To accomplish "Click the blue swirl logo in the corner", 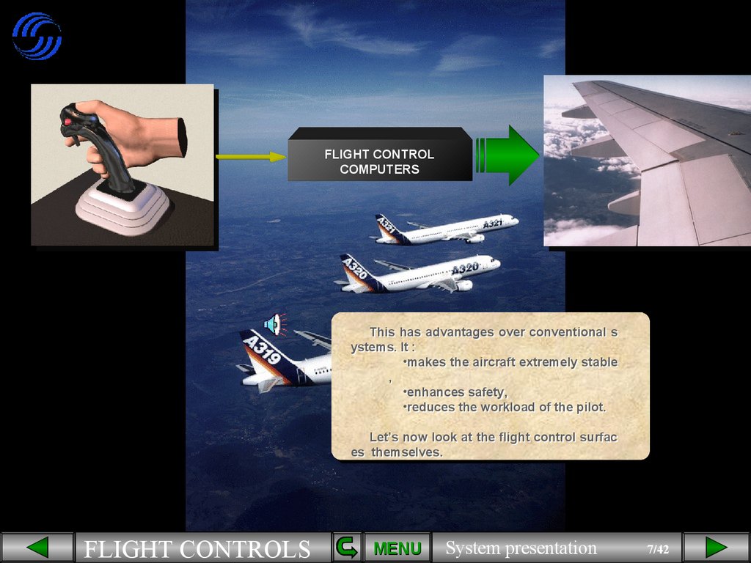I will point(37,36).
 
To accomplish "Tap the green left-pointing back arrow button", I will point(37,548).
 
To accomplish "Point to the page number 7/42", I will point(658,549).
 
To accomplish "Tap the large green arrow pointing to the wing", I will point(509,155).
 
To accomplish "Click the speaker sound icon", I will point(274,323).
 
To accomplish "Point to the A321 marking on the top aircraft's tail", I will point(387,227).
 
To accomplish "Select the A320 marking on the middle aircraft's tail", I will point(354,270).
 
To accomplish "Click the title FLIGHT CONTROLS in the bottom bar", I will point(197,549).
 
